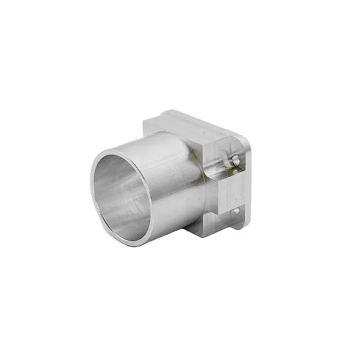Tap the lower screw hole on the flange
click(x=236, y=210)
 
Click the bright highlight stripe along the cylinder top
click(x=158, y=144)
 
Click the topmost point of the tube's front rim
click(x=120, y=150)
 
